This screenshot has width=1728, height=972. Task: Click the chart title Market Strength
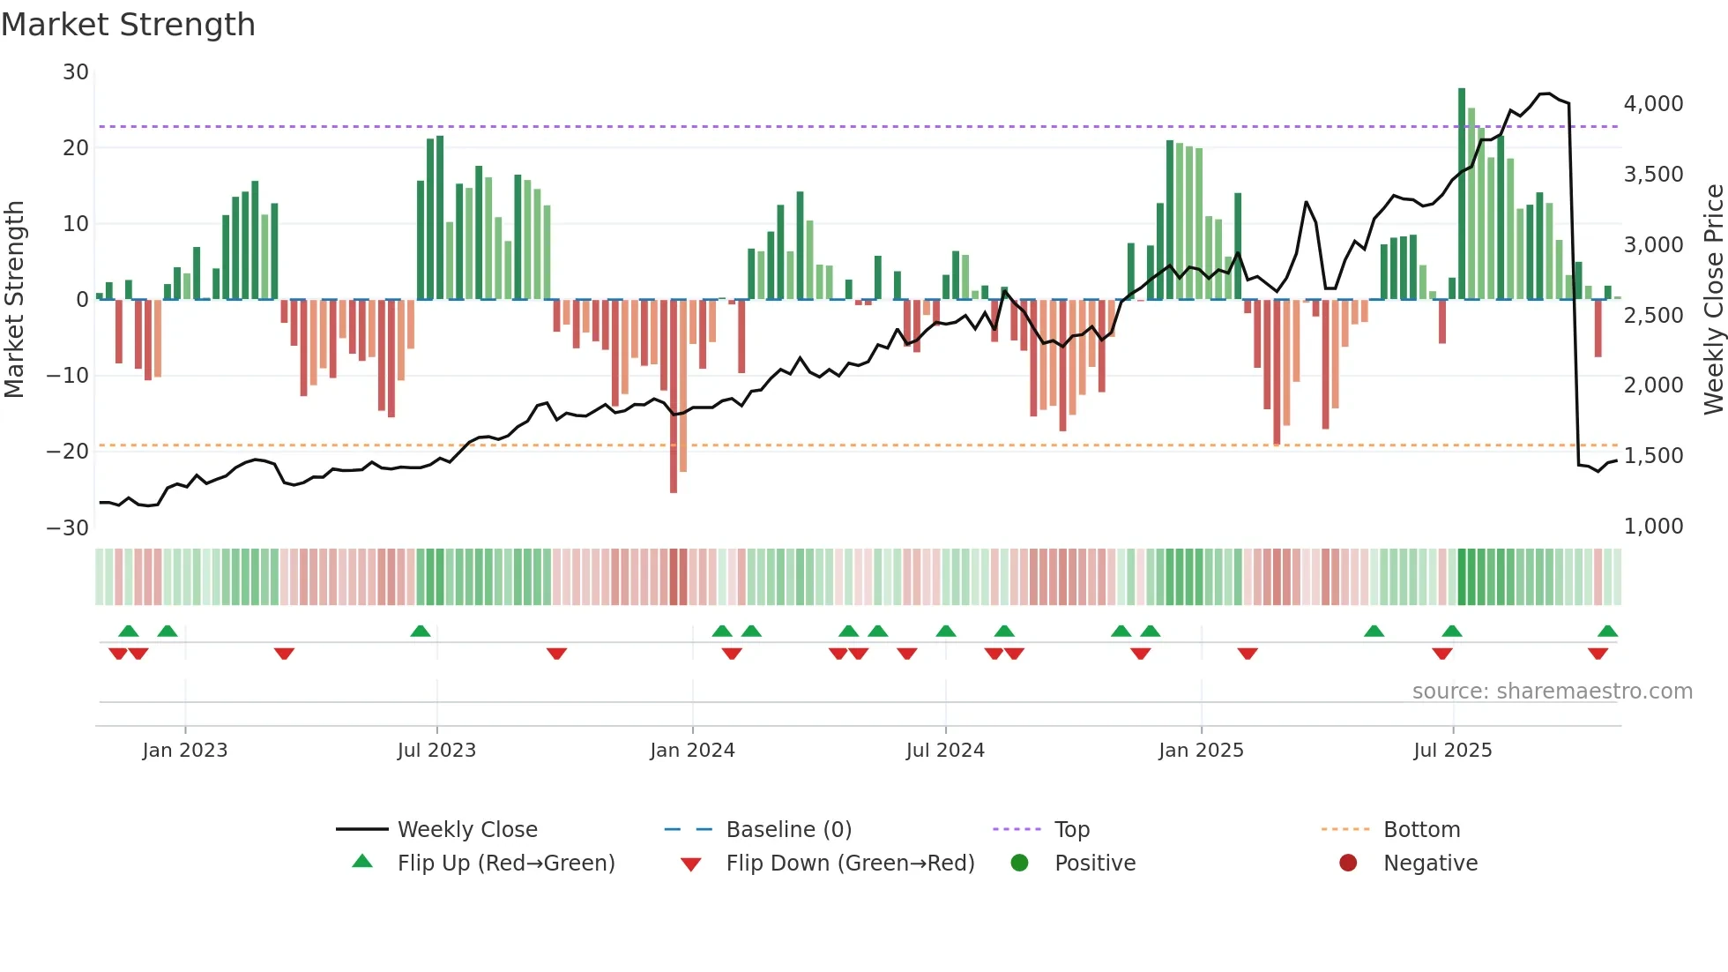point(128,25)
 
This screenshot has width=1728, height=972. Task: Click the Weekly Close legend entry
point(466,830)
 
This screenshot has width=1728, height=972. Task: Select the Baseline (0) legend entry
point(788,830)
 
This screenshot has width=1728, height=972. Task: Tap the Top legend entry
point(1071,830)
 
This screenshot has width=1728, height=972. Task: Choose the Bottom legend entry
point(1420,830)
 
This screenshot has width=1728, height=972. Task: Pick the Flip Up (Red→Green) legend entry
point(505,864)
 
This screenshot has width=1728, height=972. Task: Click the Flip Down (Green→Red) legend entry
point(849,864)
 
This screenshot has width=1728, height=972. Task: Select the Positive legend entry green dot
point(1020,864)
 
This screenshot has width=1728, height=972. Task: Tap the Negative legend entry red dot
point(1348,864)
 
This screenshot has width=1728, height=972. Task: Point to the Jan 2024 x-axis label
point(692,751)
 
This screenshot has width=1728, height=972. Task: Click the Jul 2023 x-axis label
point(436,751)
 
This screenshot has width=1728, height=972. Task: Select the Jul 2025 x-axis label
point(1452,751)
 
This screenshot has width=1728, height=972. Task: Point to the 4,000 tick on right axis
point(1653,104)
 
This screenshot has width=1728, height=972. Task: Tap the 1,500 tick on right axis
point(1653,456)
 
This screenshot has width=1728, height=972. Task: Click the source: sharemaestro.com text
point(1552,692)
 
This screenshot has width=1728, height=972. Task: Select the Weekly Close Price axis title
point(1713,300)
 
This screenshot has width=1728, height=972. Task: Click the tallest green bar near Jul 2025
point(1462,194)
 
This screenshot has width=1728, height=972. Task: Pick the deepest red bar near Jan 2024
point(674,397)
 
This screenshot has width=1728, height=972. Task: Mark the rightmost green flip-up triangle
point(1607,632)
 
